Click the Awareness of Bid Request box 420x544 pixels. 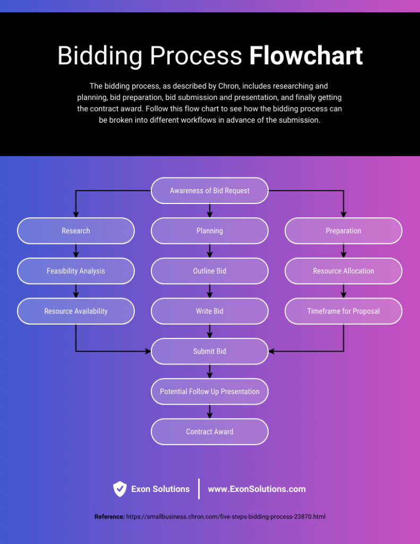210,191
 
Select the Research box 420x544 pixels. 76,231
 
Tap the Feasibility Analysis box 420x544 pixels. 76,271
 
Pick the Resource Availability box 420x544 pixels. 76,311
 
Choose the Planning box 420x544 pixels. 210,231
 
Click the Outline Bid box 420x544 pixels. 210,271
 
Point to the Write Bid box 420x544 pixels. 210,311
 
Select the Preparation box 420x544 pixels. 344,231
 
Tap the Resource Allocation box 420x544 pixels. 344,271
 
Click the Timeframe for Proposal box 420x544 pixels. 344,311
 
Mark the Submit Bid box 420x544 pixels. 210,351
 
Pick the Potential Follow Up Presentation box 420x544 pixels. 210,392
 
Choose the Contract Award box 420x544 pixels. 210,432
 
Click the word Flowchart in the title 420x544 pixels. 306,56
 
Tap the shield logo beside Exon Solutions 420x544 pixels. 120,489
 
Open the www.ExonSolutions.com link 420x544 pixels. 256,489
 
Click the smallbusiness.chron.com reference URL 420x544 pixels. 226,516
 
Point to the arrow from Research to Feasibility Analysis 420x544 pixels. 76,251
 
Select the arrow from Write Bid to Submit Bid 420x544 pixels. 210,331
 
